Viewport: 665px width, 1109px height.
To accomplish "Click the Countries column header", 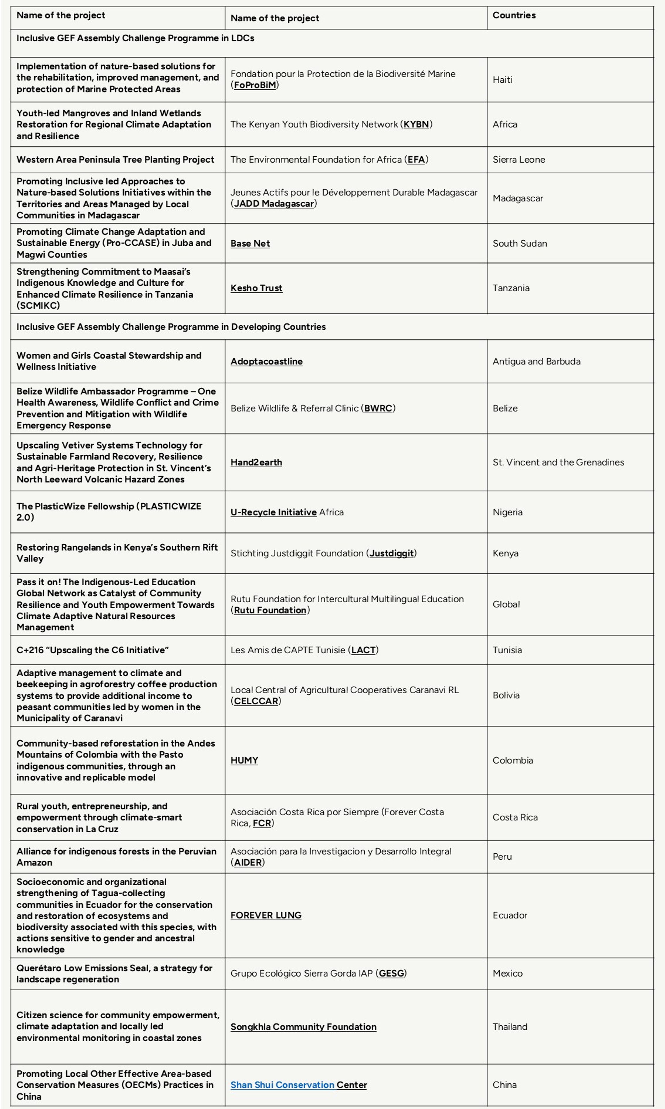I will [x=514, y=15].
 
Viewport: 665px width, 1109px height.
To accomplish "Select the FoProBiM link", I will [x=254, y=85].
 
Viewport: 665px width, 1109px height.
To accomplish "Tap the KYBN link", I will [x=416, y=124].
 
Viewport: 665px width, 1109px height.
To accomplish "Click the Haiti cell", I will [x=502, y=80].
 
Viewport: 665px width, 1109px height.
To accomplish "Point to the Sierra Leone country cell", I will [x=518, y=159].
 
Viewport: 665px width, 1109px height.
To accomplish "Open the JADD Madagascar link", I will [x=273, y=204].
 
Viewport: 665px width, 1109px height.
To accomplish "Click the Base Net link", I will [x=250, y=243].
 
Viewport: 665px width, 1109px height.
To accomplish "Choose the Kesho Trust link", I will [x=256, y=288].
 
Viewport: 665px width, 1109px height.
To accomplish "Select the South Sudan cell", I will [x=519, y=243].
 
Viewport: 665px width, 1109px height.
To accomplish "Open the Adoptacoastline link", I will [x=266, y=361].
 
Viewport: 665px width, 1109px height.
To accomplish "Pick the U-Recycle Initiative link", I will [x=273, y=512].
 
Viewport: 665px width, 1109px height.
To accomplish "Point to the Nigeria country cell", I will [x=507, y=512].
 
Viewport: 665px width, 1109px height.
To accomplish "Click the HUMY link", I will [x=244, y=760].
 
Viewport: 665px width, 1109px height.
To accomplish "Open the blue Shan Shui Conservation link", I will [x=282, y=1085].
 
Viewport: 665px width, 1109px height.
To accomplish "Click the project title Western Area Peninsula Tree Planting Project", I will [x=115, y=159].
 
